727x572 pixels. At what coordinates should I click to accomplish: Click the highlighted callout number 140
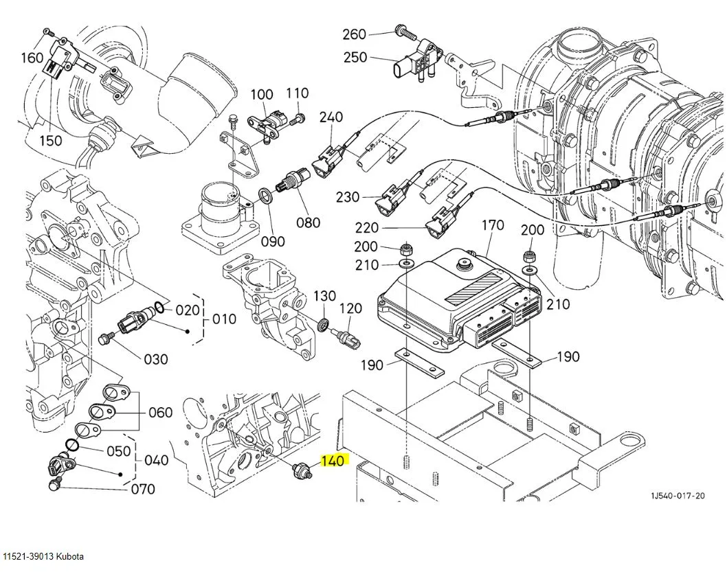pyautogui.click(x=333, y=462)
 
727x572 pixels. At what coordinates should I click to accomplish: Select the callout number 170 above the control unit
pyautogui.click(x=493, y=225)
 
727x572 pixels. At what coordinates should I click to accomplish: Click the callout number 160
pyautogui.click(x=32, y=58)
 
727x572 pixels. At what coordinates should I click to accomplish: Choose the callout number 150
pyautogui.click(x=50, y=141)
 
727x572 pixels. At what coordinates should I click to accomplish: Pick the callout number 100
pyautogui.click(x=261, y=95)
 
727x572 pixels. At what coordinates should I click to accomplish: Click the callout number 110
pyautogui.click(x=298, y=93)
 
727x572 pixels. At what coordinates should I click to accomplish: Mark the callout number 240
pyautogui.click(x=331, y=117)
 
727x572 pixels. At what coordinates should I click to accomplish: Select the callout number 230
pyautogui.click(x=348, y=197)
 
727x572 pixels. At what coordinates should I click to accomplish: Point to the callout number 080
pyautogui.click(x=309, y=222)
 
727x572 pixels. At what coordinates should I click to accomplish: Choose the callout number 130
pyautogui.click(x=325, y=296)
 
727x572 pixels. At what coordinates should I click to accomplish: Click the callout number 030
pyautogui.click(x=155, y=359)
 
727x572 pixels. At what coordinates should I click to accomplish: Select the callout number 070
pyautogui.click(x=142, y=490)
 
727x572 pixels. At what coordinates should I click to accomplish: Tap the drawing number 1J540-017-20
pyautogui.click(x=679, y=495)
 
